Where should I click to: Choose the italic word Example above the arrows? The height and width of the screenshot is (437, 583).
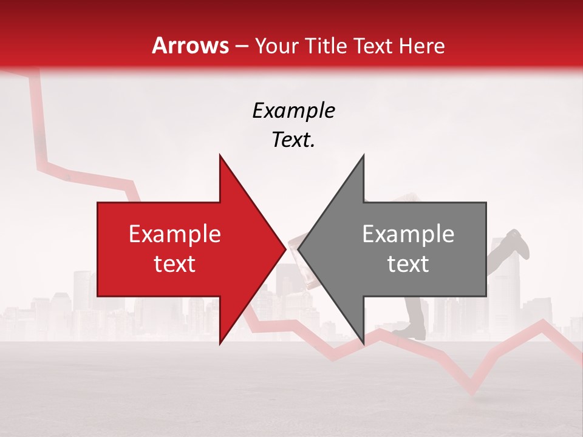293,111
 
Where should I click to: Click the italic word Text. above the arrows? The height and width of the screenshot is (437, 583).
293,140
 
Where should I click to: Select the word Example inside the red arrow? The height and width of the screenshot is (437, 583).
175,234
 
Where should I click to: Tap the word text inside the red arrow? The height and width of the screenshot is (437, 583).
175,264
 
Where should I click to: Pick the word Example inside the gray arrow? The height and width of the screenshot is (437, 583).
408,234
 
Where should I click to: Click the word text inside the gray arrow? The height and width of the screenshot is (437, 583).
408,264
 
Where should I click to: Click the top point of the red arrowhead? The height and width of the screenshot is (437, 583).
220,156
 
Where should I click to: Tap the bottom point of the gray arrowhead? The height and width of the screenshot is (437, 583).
363,343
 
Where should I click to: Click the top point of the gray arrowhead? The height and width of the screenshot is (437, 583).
363,156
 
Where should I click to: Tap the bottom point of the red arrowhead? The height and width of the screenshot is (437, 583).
220,343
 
